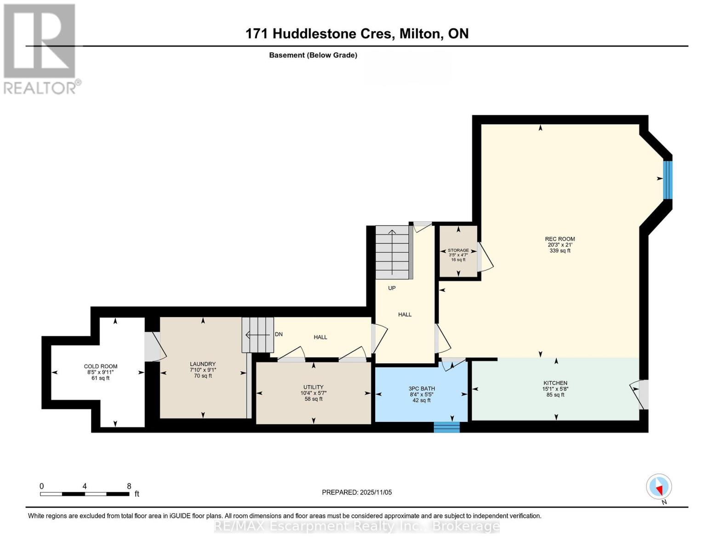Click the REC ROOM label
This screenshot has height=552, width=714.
click(x=560, y=239)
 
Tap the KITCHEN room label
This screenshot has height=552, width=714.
click(x=555, y=383)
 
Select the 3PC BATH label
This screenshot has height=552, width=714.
click(x=422, y=389)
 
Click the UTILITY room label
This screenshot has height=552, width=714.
click(x=313, y=387)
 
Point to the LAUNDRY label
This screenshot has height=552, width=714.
click(x=203, y=364)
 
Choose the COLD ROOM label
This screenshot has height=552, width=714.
click(x=101, y=366)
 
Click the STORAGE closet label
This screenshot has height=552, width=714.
click(x=458, y=250)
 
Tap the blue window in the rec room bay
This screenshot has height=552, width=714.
click(x=668, y=179)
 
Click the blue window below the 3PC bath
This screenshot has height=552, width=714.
click(x=446, y=427)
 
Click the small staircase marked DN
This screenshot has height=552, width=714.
click(x=257, y=334)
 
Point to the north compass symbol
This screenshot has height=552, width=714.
click(x=659, y=487)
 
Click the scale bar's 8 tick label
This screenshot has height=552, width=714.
click(x=129, y=486)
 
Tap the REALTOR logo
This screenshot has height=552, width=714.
click(x=40, y=48)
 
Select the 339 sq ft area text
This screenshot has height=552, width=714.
click(x=560, y=251)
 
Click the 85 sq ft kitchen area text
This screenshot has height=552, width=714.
click(x=555, y=395)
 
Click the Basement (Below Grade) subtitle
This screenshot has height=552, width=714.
click(x=313, y=55)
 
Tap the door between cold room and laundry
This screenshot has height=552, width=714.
click(x=152, y=346)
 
